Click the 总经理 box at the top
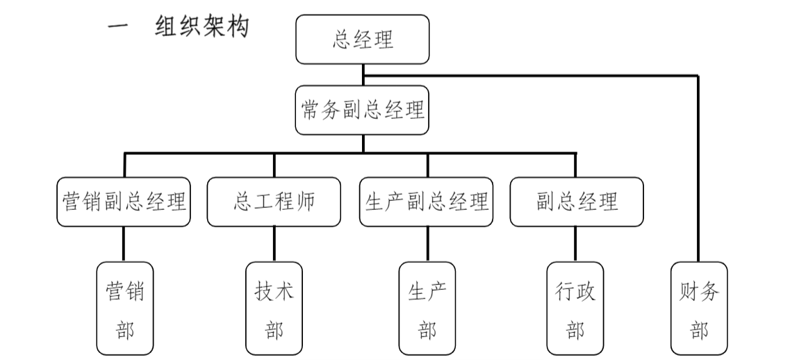(363, 40)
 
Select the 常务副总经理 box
(363, 110)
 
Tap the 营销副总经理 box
(124, 202)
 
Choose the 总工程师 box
(274, 202)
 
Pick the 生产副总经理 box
(427, 202)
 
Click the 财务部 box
(699, 309)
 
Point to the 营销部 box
(124, 309)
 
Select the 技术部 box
(274, 309)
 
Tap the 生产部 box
(427, 309)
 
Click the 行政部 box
(575, 309)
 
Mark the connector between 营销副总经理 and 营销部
(124, 244)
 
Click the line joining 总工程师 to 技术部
(274, 244)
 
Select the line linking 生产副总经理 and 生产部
(427, 244)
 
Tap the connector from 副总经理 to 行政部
(575, 244)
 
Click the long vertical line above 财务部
(698, 167)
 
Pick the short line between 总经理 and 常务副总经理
(363, 74)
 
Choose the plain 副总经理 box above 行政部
(577, 202)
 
